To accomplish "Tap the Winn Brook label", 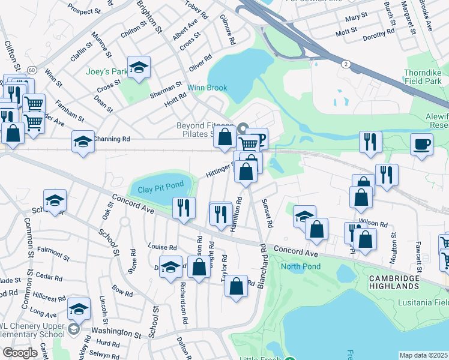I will (207, 88).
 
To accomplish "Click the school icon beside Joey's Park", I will (139, 68).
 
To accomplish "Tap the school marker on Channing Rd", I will (83, 142).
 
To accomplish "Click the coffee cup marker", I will (421, 144).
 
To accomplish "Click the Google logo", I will (20, 352).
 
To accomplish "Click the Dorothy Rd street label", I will (379, 35).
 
